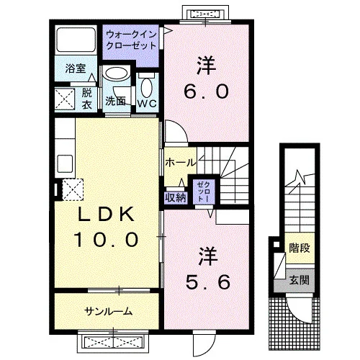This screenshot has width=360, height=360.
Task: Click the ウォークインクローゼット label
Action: pos(131,40)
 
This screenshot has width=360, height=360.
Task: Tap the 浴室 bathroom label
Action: pos(76,68)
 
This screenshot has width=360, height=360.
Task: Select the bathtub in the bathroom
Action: pos(76,40)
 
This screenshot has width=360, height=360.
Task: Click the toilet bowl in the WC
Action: pos(147,86)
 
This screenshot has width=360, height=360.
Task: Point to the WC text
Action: pos(147,104)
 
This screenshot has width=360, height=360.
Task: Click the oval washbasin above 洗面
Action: pos(116,73)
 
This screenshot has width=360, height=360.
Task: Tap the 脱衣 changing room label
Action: pos(86,98)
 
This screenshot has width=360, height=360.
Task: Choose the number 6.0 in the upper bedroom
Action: pos(206,91)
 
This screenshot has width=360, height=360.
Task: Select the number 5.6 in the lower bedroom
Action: pos(208,282)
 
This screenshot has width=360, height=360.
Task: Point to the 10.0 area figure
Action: pos(106,239)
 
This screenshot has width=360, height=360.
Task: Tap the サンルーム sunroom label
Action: pos(109,311)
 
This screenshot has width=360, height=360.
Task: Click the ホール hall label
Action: pos(181,163)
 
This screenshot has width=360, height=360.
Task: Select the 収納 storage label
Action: pos(176,197)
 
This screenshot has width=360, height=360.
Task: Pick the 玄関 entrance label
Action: pos(299,280)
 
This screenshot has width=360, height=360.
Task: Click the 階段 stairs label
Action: pos(299,248)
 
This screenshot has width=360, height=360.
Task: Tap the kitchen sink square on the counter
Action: pos(65,163)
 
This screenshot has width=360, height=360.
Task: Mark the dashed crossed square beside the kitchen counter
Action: pos(73,189)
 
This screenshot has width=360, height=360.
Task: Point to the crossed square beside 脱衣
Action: pos(64,99)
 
